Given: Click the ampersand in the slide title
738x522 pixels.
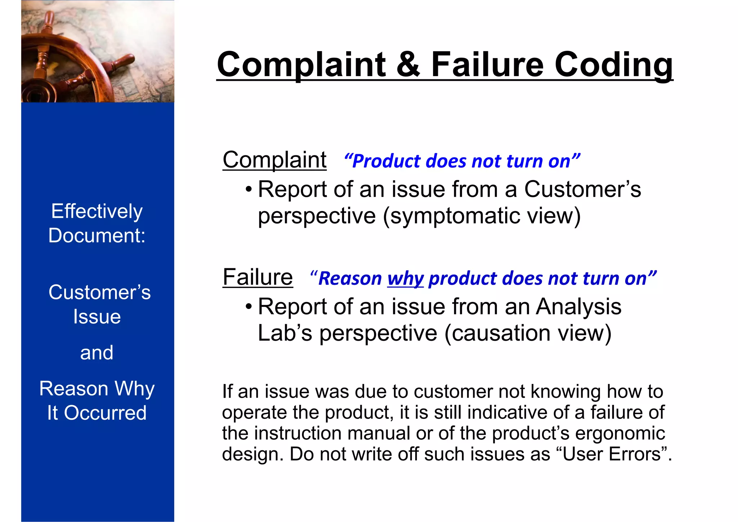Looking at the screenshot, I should (x=408, y=65).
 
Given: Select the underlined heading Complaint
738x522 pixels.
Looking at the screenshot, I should (x=275, y=160).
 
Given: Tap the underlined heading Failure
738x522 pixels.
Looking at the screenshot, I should (x=258, y=277).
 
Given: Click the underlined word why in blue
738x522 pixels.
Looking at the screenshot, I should (x=405, y=279).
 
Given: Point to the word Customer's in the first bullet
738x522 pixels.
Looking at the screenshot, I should (x=582, y=189).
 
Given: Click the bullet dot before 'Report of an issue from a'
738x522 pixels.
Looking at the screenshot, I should (x=248, y=189).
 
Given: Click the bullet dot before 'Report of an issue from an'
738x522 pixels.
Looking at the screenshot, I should (x=248, y=307).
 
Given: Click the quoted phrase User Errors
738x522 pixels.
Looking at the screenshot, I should (x=613, y=454).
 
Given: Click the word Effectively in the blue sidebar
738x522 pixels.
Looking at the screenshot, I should (x=97, y=211).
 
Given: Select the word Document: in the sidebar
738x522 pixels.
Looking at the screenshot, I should (x=97, y=235).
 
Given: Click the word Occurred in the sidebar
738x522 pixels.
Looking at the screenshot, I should (x=105, y=413).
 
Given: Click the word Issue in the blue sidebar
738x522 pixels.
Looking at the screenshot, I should (x=97, y=317).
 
